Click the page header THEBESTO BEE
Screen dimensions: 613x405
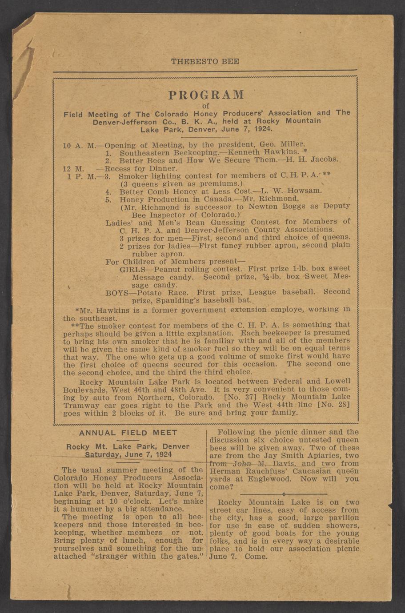point(205,61)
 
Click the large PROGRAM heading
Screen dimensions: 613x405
point(206,95)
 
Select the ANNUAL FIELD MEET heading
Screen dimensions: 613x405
point(128,433)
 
